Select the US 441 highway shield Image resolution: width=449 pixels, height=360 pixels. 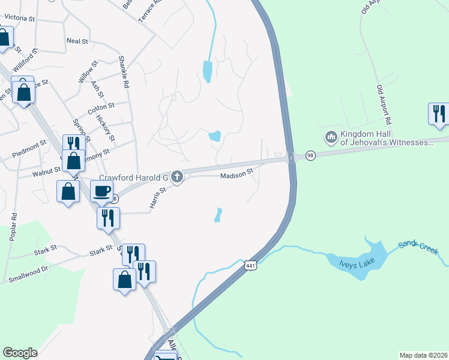click(x=250, y=265)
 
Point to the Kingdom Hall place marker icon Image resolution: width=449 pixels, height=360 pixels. click(x=331, y=138)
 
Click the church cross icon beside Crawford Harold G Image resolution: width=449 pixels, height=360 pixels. click(x=176, y=176)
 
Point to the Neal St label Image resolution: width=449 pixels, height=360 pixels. click(x=77, y=41)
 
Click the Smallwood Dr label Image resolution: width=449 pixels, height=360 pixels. click(x=28, y=274)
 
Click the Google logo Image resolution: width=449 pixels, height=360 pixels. click(x=20, y=353)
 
